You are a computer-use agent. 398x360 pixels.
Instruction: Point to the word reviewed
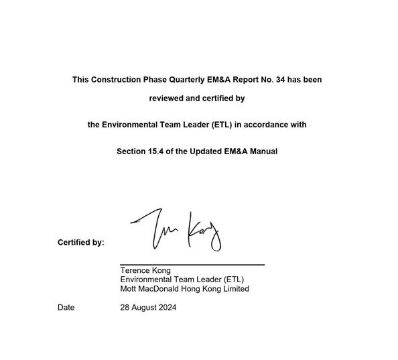point(165,99)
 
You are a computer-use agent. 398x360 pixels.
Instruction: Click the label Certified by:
point(81,243)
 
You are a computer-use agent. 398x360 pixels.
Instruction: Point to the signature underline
point(192,265)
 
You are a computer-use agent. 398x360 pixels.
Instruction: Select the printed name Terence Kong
point(145,271)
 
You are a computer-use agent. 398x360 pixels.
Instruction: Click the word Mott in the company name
point(129,289)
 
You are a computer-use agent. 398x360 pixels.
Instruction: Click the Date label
point(66,308)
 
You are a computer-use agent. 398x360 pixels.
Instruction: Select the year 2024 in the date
point(166,308)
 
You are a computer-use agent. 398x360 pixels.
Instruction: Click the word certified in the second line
point(216,99)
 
